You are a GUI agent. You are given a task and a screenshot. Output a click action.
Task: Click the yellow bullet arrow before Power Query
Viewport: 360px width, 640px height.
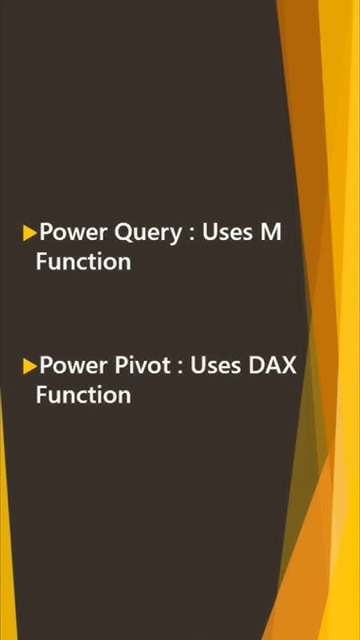click(x=30, y=234)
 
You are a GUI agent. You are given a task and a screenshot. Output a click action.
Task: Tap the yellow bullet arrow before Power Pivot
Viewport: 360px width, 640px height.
click(x=30, y=366)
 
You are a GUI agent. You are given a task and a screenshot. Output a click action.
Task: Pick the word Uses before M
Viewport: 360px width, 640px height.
click(x=228, y=234)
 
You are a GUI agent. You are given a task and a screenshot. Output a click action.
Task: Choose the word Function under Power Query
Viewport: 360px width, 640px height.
click(x=83, y=261)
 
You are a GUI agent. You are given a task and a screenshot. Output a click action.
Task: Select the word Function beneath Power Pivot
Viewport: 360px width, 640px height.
click(x=83, y=394)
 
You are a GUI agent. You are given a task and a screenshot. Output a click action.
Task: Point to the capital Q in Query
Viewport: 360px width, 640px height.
click(x=126, y=235)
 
